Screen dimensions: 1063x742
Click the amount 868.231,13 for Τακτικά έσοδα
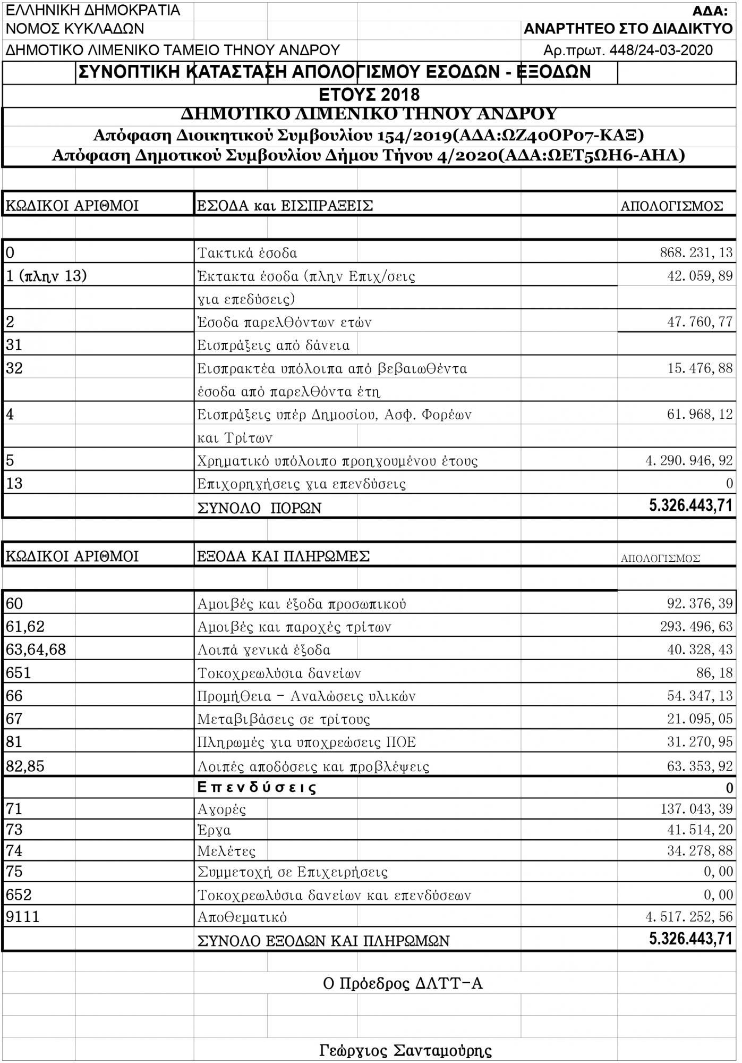click(x=696, y=252)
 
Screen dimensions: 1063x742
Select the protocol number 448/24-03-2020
click(x=661, y=50)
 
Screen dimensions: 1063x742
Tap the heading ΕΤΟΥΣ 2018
click(x=369, y=95)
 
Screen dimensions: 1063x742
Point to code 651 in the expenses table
click(x=19, y=673)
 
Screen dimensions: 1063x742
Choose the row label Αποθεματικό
click(x=242, y=917)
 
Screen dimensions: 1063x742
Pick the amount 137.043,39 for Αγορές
click(x=696, y=809)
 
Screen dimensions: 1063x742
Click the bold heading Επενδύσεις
click(x=257, y=787)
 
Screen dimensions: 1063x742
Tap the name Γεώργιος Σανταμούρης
click(x=405, y=1051)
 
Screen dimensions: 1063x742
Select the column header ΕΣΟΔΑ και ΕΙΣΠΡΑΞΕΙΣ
click(x=285, y=206)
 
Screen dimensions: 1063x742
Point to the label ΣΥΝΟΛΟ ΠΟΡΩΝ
click(x=259, y=508)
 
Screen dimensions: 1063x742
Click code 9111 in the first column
click(x=23, y=917)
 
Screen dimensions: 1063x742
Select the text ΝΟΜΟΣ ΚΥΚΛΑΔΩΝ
click(x=75, y=29)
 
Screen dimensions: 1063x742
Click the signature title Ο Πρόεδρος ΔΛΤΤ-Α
click(x=403, y=984)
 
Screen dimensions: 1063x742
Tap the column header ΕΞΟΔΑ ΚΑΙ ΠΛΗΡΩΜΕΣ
click(x=283, y=556)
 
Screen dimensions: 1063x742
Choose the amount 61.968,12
click(x=700, y=414)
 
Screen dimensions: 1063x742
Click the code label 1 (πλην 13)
click(x=46, y=276)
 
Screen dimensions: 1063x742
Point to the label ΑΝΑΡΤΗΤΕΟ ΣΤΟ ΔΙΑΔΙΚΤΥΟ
click(x=628, y=29)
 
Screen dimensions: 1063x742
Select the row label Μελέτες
click(x=226, y=851)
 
